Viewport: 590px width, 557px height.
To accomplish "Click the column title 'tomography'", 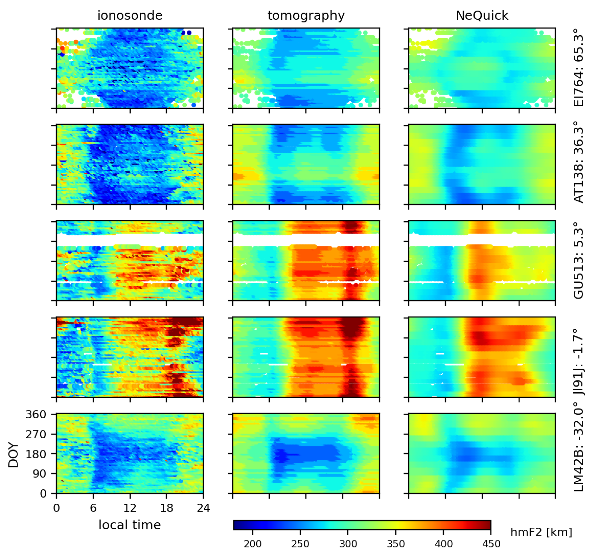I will pos(306,15).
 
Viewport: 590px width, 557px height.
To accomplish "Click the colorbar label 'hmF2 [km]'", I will pos(541,532).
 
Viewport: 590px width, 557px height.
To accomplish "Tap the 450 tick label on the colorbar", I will pos(491,544).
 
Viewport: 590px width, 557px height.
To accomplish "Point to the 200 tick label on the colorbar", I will pos(253,544).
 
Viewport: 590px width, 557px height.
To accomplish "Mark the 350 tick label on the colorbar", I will pos(396,544).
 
